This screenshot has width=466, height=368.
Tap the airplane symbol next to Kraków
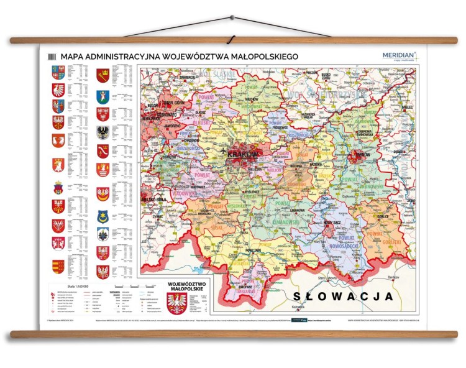point(222,150)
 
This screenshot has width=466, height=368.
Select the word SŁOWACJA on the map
point(342,296)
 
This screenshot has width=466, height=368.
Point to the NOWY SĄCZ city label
point(332,222)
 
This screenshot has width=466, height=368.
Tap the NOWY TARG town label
point(239,249)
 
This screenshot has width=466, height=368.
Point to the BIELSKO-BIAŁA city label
point(152,199)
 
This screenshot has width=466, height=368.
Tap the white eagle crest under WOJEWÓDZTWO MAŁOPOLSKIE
point(177,303)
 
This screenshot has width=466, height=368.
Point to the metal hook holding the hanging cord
point(232,18)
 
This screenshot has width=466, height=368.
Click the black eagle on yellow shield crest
point(103,132)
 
